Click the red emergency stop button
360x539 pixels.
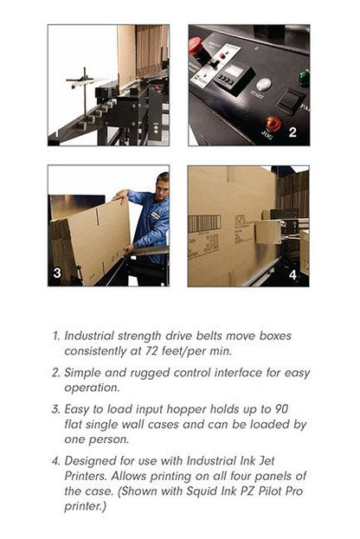[196, 47]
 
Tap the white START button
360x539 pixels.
[264, 85]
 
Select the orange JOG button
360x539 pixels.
[273, 124]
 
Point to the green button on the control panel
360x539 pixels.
[303, 78]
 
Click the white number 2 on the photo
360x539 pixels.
[292, 132]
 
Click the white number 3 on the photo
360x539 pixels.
[57, 273]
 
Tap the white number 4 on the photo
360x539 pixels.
[292, 274]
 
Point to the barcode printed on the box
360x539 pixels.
[204, 223]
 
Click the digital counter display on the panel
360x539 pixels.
[235, 71]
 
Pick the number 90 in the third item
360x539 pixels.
[281, 409]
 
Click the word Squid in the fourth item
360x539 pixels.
[199, 491]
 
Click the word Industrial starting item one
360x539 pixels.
[89, 336]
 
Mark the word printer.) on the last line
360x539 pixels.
[86, 507]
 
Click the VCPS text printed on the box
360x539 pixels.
[240, 218]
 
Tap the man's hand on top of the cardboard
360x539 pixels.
[120, 196]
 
